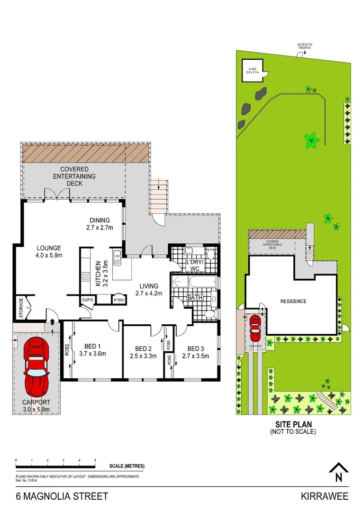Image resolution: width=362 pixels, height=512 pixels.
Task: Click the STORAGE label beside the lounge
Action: (21, 309)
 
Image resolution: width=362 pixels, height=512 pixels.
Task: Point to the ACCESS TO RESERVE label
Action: (305, 46)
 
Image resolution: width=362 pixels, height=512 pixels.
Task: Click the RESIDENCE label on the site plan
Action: (293, 301)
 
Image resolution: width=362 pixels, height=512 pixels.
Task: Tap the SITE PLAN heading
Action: (292, 425)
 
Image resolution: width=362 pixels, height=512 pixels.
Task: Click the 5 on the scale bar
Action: (95, 460)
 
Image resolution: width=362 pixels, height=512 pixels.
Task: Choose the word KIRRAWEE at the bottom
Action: (325, 496)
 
